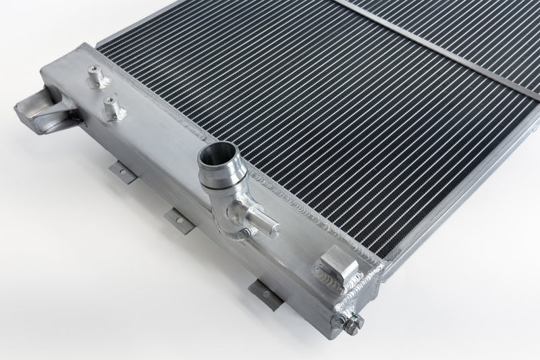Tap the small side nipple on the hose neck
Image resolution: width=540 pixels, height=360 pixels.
[261, 220]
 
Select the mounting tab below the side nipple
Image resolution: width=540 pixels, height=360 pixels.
[267, 286]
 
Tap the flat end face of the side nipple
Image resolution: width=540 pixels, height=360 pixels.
[273, 223]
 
